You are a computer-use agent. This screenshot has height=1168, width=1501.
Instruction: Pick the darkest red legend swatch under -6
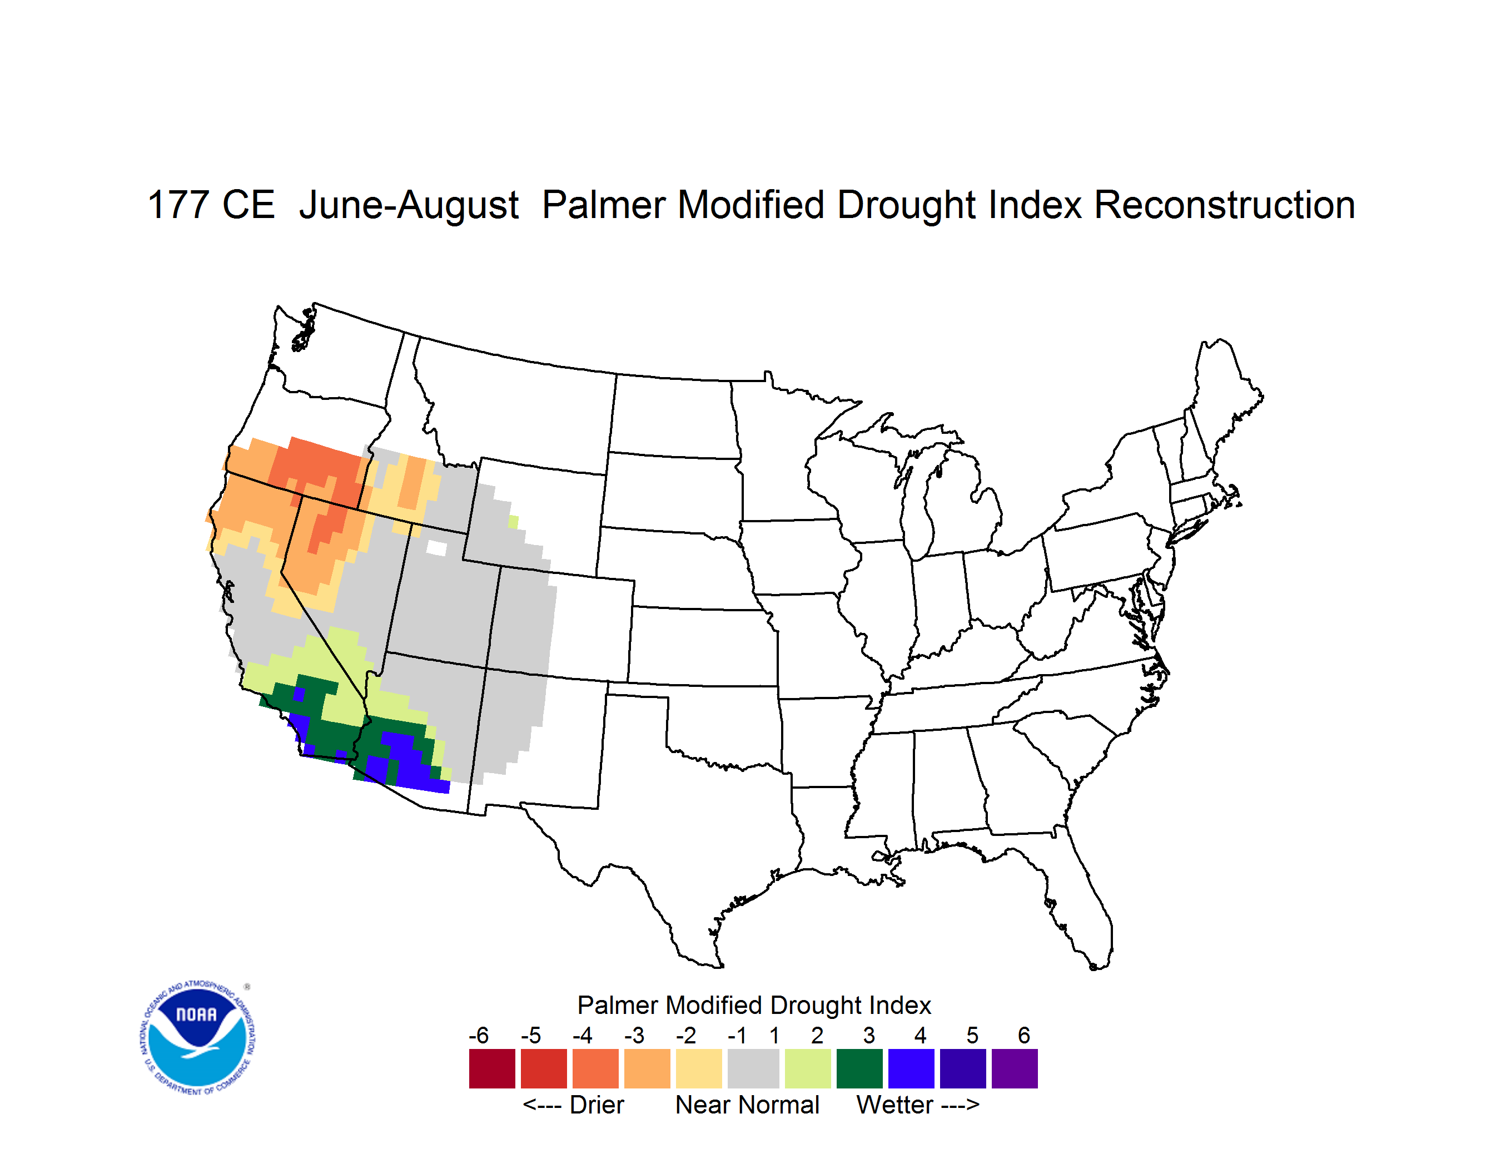(x=492, y=1068)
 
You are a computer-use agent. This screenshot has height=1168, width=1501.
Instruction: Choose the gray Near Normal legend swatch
(x=753, y=1068)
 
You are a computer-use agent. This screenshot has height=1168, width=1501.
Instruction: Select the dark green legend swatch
(x=859, y=1068)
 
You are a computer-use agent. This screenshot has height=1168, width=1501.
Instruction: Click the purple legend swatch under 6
(x=1015, y=1068)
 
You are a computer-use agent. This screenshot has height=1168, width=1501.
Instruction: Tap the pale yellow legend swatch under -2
(x=699, y=1068)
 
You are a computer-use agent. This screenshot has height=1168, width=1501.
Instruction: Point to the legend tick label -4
(x=582, y=1035)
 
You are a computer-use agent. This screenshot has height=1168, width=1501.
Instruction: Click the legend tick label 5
(x=972, y=1035)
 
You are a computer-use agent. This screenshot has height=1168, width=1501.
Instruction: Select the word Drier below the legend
(x=597, y=1105)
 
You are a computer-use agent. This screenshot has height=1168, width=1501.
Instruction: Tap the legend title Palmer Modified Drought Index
(x=754, y=1005)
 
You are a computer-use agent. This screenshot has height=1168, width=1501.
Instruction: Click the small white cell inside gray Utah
(x=436, y=548)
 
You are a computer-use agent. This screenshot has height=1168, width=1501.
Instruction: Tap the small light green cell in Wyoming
(x=513, y=522)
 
